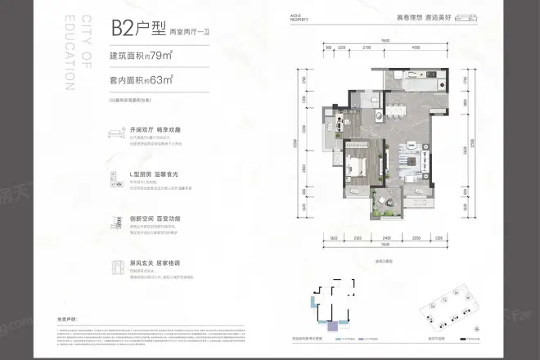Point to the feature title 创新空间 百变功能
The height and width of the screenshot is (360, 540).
155,218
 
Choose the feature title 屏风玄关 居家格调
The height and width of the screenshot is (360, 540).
155,263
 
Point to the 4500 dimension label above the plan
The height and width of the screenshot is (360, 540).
416,47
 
